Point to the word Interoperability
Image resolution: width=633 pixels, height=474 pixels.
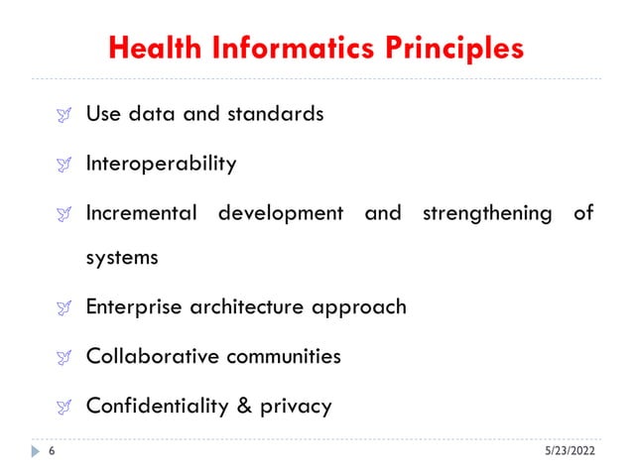(161, 163)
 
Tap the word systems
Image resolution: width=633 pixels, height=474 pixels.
(122, 258)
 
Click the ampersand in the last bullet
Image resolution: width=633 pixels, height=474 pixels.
(241, 405)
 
